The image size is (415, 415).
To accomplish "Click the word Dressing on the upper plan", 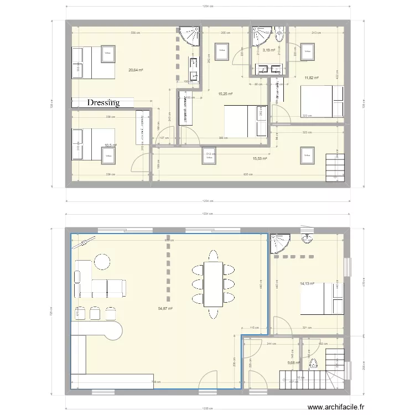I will pos(103,102).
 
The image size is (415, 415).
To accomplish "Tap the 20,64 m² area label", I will pos(136,70).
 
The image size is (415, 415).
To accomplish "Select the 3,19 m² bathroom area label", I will pos(269,50).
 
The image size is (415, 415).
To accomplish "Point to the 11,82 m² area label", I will pos(312,78).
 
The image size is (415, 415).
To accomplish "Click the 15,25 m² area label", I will pos(225,94).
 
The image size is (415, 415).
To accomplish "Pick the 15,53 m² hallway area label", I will pos(260,158).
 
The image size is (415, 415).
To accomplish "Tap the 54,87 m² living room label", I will pos(165,309).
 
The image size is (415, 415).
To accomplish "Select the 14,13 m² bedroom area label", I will pos(307,284).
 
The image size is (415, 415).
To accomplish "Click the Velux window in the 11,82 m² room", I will pos(306,52).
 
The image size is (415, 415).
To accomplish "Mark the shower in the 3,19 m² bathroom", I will pos(259,35).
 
